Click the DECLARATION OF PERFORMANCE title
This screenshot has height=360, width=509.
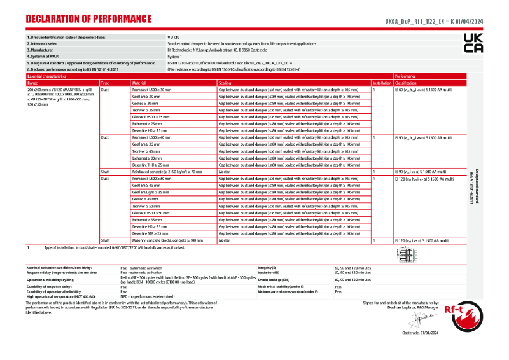tap(89, 18)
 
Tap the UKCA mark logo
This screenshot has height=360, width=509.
tap(473, 43)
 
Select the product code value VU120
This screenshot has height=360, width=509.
tap(174, 37)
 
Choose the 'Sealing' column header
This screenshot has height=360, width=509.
tap(225, 83)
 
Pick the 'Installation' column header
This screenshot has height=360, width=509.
tap(382, 83)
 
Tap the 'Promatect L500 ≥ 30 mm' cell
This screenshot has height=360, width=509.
tap(151, 90)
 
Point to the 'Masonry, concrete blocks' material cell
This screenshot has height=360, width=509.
tap(167, 240)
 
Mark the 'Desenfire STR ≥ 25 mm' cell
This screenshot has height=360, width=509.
tap(150, 233)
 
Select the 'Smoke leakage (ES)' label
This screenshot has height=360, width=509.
tap(274, 280)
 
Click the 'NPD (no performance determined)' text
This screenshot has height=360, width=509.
tap(148, 296)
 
